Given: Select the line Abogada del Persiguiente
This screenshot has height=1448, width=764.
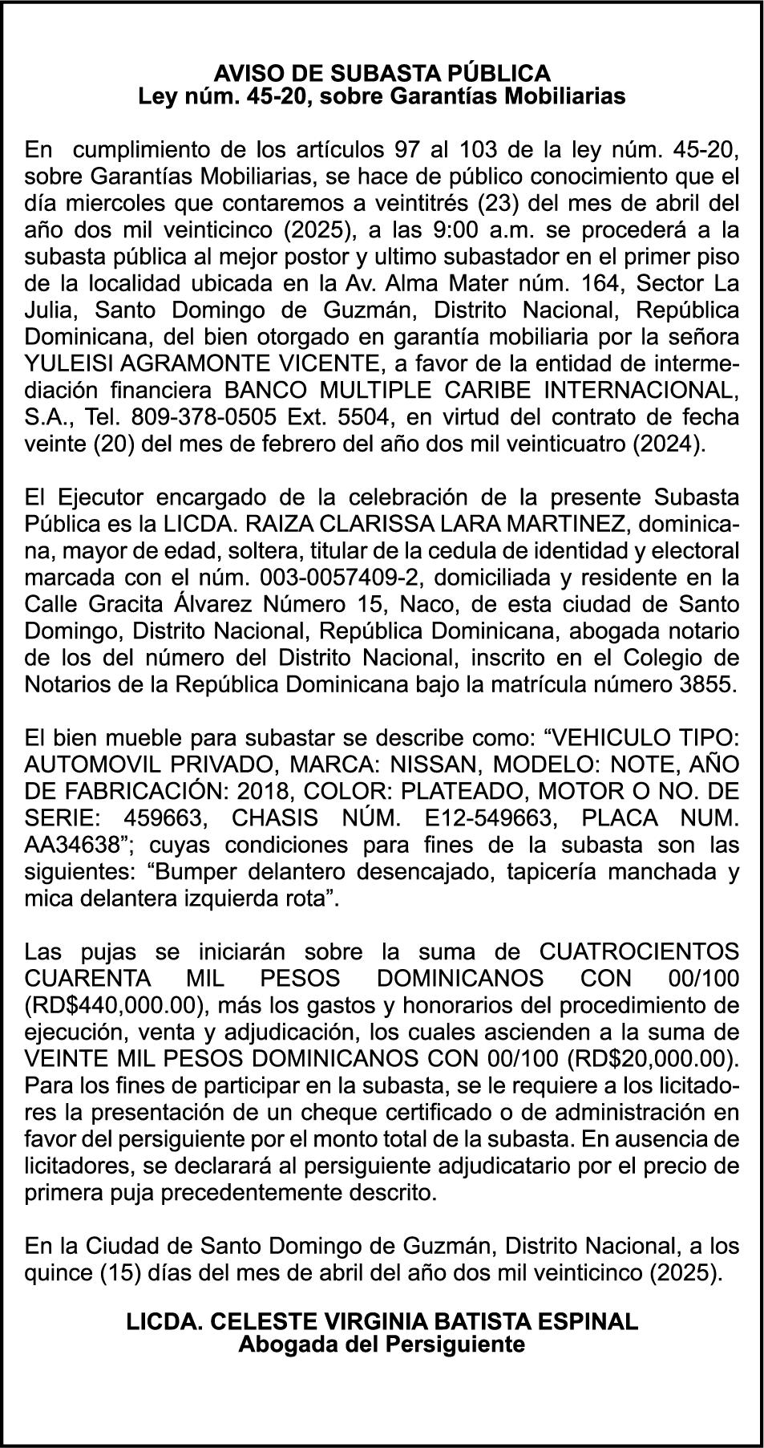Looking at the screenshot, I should (382, 1344).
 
